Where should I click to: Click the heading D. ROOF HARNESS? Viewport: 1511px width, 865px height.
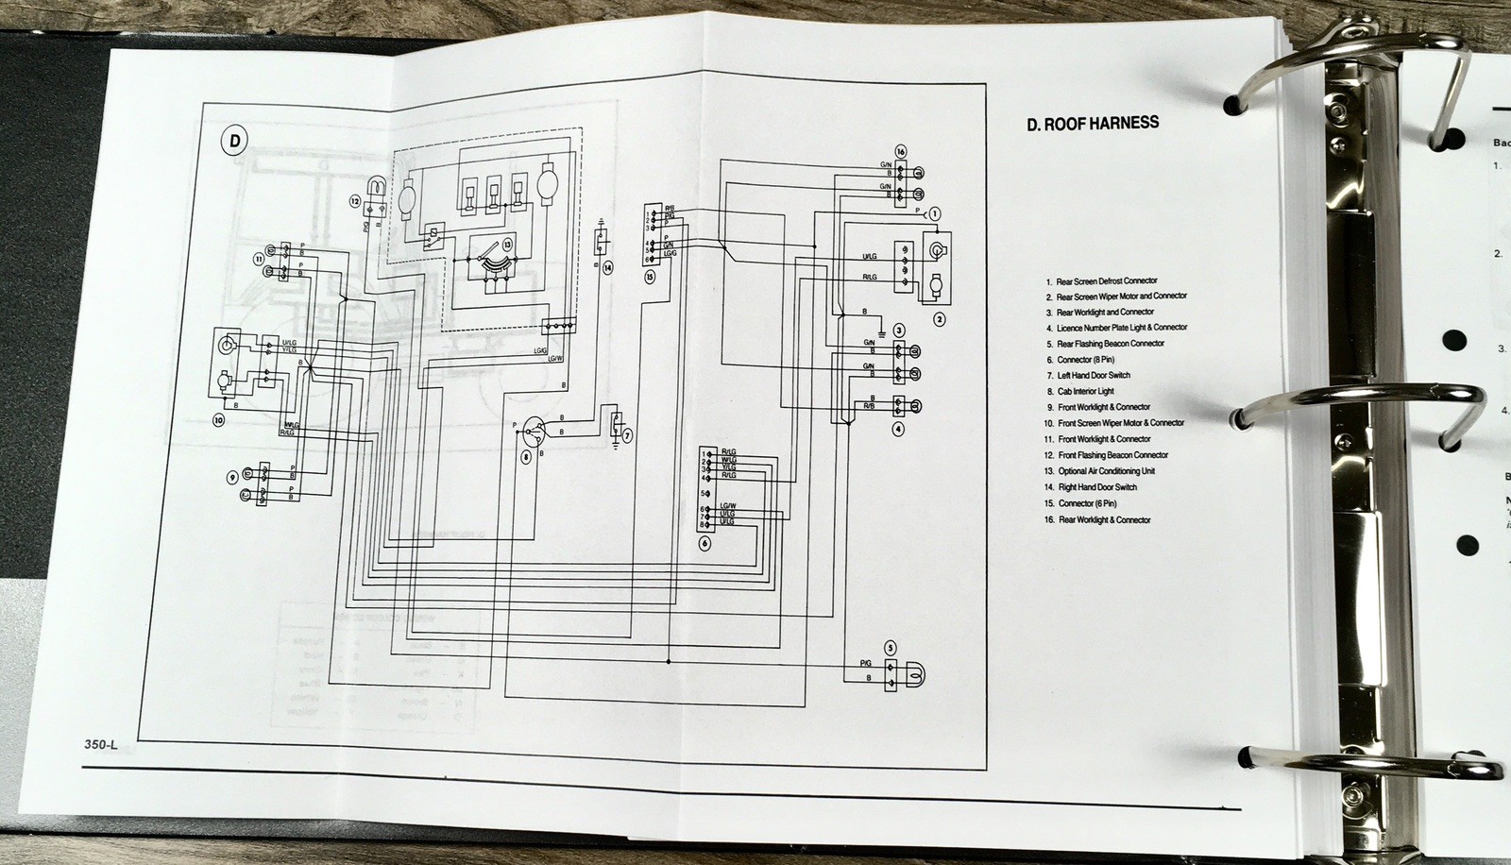(x=1093, y=123)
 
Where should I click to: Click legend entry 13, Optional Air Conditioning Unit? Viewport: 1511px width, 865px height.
(x=1106, y=471)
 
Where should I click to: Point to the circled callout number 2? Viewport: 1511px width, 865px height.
(x=940, y=319)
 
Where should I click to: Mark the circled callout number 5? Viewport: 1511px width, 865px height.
(x=890, y=647)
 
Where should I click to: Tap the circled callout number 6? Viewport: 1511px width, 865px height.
(x=705, y=543)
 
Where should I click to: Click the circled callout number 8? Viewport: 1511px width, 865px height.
(x=527, y=457)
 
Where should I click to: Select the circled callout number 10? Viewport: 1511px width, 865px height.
(x=218, y=422)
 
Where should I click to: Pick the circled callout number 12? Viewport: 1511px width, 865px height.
(x=354, y=201)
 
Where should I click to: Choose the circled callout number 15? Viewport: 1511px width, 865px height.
(x=650, y=277)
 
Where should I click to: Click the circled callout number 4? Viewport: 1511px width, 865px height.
(x=898, y=429)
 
